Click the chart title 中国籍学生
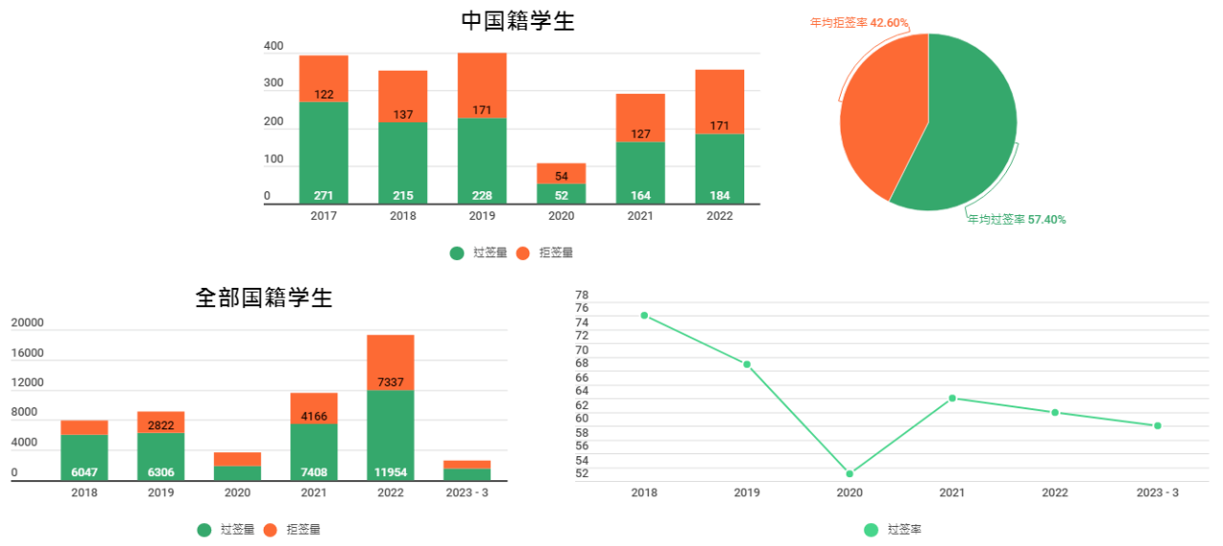tap(518, 21)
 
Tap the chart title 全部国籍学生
tap(264, 297)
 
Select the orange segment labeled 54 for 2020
tap(561, 173)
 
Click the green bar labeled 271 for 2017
tap(323, 153)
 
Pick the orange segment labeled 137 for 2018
tap(402, 96)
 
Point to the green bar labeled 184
tap(719, 168)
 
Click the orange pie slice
tap(879, 115)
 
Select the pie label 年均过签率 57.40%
tap(1017, 220)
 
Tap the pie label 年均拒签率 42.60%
tap(859, 23)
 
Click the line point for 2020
tap(849, 473)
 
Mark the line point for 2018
tap(644, 316)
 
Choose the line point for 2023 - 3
tap(1157, 426)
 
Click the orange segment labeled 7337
tap(390, 362)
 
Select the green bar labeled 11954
tap(390, 435)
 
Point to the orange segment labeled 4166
tap(313, 408)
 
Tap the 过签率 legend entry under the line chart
tap(893, 530)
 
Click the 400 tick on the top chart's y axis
tap(273, 46)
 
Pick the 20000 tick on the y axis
tap(28, 323)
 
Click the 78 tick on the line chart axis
tap(582, 295)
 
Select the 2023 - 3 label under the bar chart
tap(466, 493)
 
